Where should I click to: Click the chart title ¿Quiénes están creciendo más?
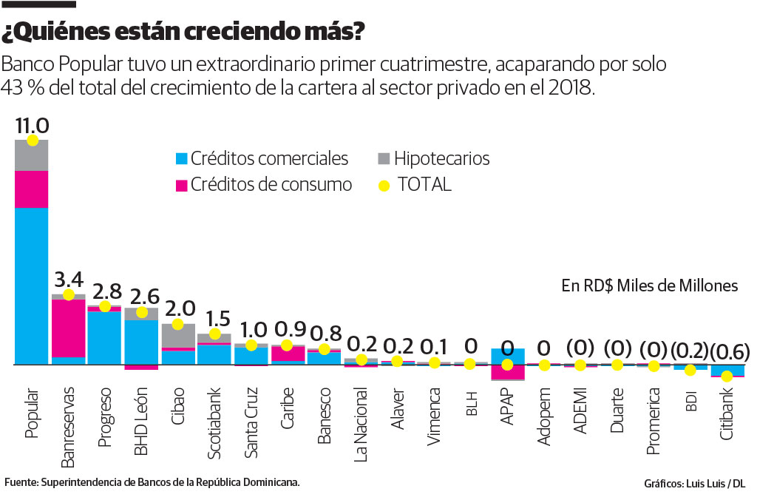(x=183, y=33)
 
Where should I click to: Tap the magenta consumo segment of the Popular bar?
(x=32, y=189)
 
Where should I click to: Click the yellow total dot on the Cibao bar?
(x=177, y=324)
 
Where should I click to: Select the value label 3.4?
(x=68, y=280)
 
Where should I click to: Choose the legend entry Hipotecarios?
(x=441, y=158)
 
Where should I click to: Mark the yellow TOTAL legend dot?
(x=383, y=185)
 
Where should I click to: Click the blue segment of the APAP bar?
(x=507, y=356)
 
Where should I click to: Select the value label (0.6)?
(x=726, y=349)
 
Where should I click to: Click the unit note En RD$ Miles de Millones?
(x=649, y=286)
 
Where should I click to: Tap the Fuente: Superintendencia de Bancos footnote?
(x=152, y=482)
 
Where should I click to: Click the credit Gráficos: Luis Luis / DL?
(x=694, y=484)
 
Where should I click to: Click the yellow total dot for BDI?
(x=690, y=370)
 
